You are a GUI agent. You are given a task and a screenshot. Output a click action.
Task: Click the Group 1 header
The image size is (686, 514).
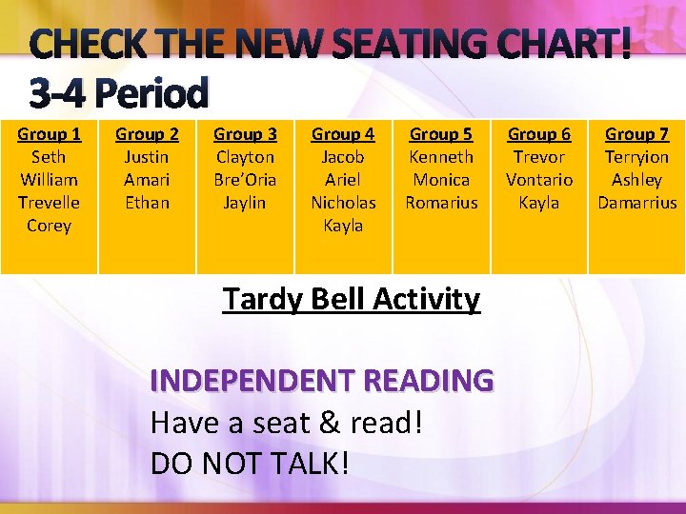pos(49,134)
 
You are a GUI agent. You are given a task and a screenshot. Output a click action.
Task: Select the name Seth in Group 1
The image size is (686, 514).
pos(49,157)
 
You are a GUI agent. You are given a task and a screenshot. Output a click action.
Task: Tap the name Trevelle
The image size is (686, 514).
pos(49,203)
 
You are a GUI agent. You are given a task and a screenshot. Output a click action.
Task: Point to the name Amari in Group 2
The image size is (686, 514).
pos(147,180)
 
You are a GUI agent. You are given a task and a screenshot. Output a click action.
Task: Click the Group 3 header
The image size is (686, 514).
pos(245,134)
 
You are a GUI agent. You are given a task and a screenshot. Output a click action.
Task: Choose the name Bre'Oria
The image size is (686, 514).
pos(245,180)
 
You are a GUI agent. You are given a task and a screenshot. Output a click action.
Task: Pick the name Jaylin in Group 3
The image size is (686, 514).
pos(245,203)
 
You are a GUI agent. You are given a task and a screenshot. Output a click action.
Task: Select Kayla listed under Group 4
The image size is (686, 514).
pos(343,226)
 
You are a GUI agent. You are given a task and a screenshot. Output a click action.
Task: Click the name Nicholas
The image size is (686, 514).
pos(343,203)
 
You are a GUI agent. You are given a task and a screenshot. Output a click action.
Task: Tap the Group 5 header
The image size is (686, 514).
pos(441,134)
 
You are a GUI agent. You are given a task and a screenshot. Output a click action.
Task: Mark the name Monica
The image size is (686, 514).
pos(441,180)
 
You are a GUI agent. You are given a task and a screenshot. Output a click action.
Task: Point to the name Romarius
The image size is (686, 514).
pos(441,203)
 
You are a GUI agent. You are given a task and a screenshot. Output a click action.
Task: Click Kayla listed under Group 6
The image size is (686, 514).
pos(539,203)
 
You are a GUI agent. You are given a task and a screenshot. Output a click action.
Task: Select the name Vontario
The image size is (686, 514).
pos(539,180)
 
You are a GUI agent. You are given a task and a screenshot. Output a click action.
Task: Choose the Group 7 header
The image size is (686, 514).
pos(636,134)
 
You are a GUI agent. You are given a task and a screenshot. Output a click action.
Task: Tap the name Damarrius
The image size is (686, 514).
pos(636,203)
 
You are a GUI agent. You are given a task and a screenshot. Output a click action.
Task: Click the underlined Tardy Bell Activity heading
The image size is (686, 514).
pos(351,300)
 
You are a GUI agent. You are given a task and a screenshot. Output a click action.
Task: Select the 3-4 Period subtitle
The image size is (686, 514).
pos(118,93)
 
